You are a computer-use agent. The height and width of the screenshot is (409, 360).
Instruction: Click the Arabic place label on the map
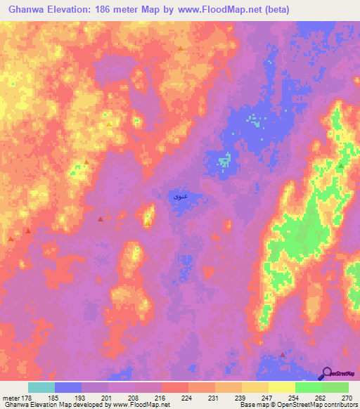point(179,197)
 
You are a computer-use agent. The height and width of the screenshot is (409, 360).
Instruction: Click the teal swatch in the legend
point(41,387)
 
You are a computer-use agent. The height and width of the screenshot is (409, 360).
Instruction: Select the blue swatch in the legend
point(68,387)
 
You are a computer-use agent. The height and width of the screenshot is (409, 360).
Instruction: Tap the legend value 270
point(346,397)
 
